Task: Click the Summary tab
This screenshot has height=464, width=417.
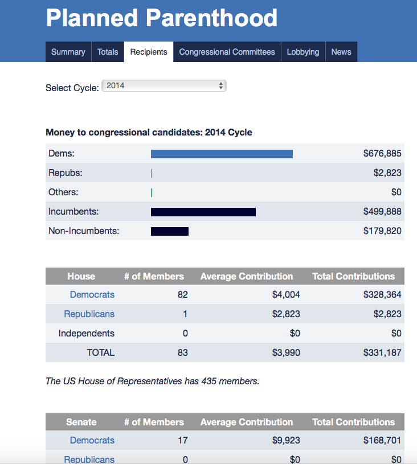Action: pyautogui.click(x=68, y=52)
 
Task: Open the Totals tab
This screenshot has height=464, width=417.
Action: pyautogui.click(x=108, y=52)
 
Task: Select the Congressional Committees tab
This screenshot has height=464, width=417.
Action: pyautogui.click(x=227, y=52)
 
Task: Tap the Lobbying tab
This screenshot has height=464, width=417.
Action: pyautogui.click(x=302, y=52)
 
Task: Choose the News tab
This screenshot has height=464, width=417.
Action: pyautogui.click(x=341, y=52)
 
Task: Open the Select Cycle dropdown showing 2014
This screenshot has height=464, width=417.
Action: pyautogui.click(x=164, y=86)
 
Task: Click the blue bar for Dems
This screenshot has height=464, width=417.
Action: pyautogui.click(x=222, y=154)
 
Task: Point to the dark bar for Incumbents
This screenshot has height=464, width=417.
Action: pyautogui.click(x=203, y=212)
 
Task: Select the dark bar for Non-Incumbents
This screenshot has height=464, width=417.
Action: pyautogui.click(x=169, y=231)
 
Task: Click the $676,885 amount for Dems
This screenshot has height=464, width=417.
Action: pyautogui.click(x=382, y=153)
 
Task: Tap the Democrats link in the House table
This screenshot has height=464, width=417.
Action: pyautogui.click(x=92, y=294)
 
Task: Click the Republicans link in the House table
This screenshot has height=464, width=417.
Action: pyautogui.click(x=89, y=314)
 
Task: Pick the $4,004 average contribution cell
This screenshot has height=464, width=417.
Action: pyautogui.click(x=286, y=294)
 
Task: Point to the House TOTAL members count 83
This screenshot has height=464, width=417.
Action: pyautogui.click(x=182, y=352)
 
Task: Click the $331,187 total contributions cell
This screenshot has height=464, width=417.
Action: pyautogui.click(x=382, y=352)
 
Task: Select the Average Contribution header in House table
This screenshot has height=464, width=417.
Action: pyautogui.click(x=247, y=276)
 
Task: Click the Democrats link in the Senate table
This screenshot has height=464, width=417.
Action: pyautogui.click(x=92, y=440)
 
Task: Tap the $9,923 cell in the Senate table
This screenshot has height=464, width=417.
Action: pyautogui.click(x=286, y=440)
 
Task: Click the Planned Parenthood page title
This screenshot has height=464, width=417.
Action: pyautogui.click(x=161, y=18)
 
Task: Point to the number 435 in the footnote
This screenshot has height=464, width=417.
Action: pyautogui.click(x=209, y=381)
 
